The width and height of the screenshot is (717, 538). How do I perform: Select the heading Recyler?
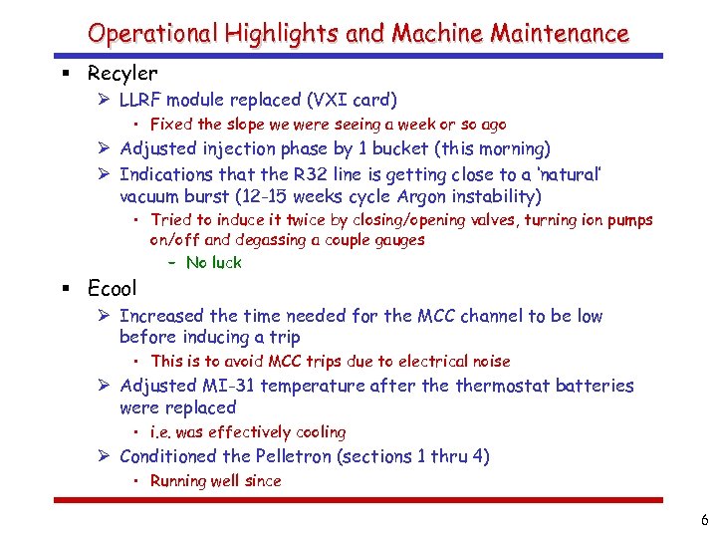coord(122,73)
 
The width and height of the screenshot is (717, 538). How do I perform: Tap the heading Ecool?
coord(113,289)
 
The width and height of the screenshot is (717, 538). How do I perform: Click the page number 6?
coord(704,520)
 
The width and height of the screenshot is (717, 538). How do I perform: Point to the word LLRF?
coord(144,100)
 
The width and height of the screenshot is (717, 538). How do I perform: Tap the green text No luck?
coord(213,263)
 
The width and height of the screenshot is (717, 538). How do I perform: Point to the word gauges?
coord(397,240)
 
